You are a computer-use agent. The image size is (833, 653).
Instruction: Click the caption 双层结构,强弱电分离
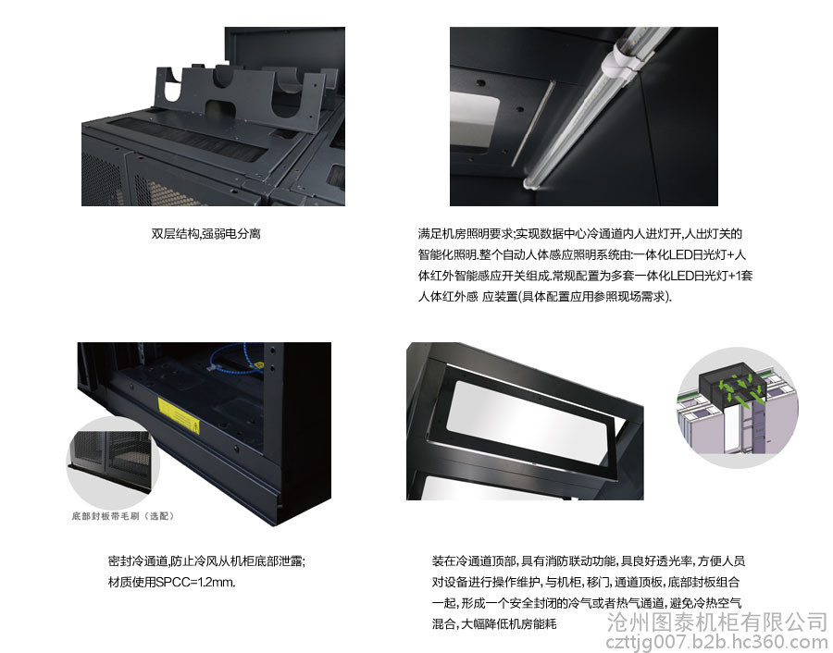coord(205,234)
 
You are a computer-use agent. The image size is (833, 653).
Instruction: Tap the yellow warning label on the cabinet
coord(179,415)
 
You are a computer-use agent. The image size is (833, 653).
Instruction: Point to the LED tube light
coord(594,106)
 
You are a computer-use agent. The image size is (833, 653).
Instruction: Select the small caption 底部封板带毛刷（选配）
coord(123,516)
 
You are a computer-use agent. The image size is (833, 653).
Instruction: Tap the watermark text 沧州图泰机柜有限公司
coord(717,622)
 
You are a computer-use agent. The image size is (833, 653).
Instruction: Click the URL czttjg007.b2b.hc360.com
coord(717,643)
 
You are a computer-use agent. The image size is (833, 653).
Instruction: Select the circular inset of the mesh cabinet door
coord(113,462)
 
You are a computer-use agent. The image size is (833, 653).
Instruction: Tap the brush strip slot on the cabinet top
coord(189,141)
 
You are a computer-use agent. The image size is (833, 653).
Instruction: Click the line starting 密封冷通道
coord(206,561)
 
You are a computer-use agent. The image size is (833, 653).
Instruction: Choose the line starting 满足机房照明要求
coord(580,234)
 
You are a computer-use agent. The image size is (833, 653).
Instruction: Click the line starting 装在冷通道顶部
coord(589,561)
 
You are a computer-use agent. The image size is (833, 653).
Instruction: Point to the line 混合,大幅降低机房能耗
coord(494,623)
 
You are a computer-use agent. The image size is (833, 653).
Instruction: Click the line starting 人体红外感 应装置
coord(545,297)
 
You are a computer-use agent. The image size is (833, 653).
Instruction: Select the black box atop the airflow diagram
coord(732,383)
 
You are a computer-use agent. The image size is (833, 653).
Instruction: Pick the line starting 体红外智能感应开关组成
coord(586,276)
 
